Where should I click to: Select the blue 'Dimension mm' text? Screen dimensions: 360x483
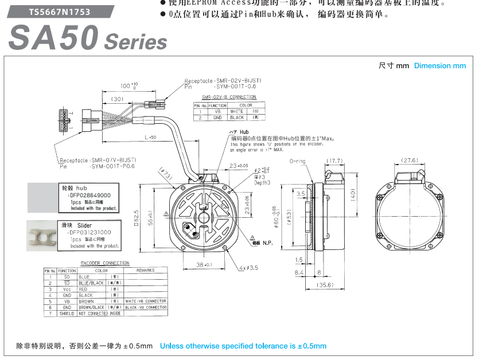440,66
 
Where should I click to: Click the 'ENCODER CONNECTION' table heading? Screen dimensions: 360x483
105,263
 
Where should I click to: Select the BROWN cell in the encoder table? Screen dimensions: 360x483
87,301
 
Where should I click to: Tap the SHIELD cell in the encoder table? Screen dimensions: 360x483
67,314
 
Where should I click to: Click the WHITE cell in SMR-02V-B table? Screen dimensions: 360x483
236,111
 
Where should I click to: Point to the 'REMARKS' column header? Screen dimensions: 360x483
145,271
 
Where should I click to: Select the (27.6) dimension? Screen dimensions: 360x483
410,161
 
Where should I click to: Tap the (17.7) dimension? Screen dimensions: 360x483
334,161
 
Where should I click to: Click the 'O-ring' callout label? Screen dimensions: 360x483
298,161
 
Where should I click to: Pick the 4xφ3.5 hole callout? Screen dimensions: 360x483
250,268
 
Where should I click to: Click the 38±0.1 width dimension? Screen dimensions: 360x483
204,265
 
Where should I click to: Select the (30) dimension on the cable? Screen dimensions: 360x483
118,99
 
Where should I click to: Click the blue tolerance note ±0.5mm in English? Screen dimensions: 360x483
243,346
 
